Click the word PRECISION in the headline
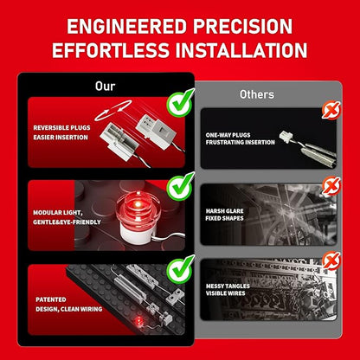[x=243, y=27]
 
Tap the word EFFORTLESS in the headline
[x=111, y=50]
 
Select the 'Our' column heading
[x=106, y=86]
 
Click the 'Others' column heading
[x=257, y=94]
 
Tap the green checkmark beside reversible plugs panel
[x=180, y=103]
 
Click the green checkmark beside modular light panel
[x=180, y=186]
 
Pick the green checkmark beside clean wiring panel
[x=180, y=269]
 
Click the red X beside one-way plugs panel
[x=331, y=110]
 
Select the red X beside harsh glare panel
[x=331, y=186]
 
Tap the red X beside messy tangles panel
[x=331, y=261]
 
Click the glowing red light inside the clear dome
[x=138, y=204]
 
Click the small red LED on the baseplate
[x=139, y=320]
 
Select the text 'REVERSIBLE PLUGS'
[x=61, y=128]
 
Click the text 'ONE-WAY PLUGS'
[x=228, y=135]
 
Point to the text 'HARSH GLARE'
[x=225, y=211]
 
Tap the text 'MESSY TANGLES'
[x=228, y=286]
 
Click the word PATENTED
[x=51, y=299]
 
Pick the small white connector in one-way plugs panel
[x=286, y=135]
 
